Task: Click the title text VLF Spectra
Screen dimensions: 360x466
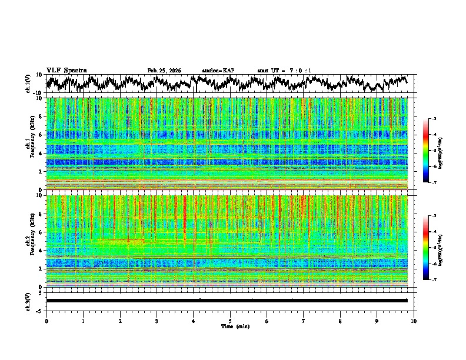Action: pos(66,70)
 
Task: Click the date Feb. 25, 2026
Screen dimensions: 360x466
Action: pos(164,71)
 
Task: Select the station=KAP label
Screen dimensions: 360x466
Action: pos(218,71)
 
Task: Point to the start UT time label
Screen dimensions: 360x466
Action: pos(284,71)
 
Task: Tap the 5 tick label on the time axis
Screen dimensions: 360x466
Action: pos(230,321)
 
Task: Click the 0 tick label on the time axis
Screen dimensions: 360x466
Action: pos(46,321)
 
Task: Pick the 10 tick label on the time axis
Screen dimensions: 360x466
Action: pos(414,321)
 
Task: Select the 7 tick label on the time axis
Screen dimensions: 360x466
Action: pos(304,321)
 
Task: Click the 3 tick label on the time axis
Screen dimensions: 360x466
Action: pos(157,321)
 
